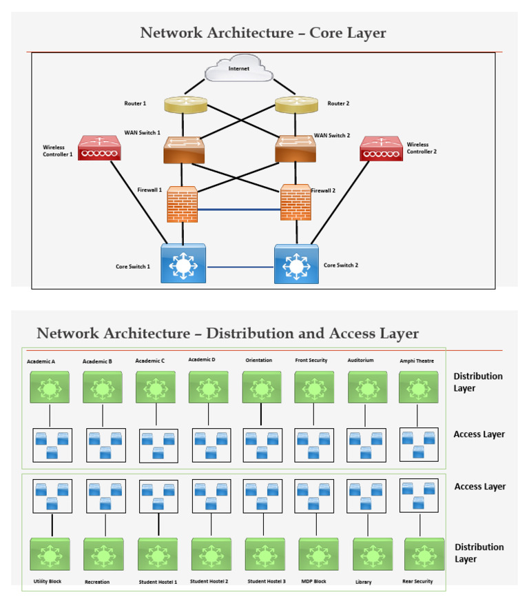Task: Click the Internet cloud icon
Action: pos(238,70)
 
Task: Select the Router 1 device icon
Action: pos(185,105)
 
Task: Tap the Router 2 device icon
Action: pos(296,105)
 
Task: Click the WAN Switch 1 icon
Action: pos(184,150)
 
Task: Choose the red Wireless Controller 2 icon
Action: pos(381,149)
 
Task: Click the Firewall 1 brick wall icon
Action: pos(183,204)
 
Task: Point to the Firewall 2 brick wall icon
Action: pos(295,202)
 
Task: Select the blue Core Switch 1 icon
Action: pos(183,263)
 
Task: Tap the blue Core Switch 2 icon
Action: pos(296,264)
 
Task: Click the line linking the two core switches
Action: pos(240,267)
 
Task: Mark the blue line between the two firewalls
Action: pos(239,210)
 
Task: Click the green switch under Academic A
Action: pos(50,388)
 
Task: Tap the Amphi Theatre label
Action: pos(417,361)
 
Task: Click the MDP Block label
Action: pos(313,581)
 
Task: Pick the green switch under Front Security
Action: pos(314,388)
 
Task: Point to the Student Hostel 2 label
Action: pos(209,581)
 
